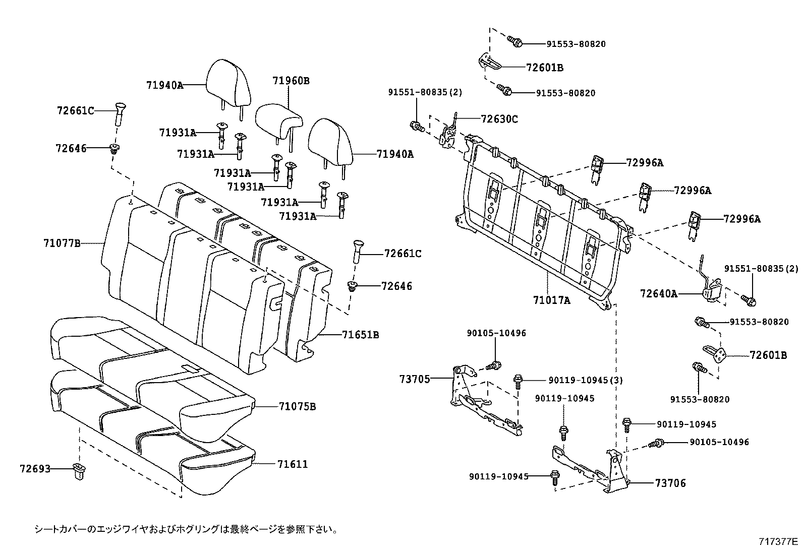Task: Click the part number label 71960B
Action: point(291,81)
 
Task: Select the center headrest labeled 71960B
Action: point(278,119)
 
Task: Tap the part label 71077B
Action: point(62,243)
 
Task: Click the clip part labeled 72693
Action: point(78,471)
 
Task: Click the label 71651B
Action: point(360,334)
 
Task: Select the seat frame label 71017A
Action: point(551,300)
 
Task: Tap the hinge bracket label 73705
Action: point(416,379)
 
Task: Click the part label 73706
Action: point(670,483)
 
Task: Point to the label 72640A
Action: point(658,293)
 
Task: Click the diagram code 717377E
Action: point(778,542)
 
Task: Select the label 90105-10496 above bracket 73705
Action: point(496,333)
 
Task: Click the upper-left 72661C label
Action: point(75,110)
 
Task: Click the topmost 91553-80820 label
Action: point(576,44)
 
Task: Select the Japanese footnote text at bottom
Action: point(186,529)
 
